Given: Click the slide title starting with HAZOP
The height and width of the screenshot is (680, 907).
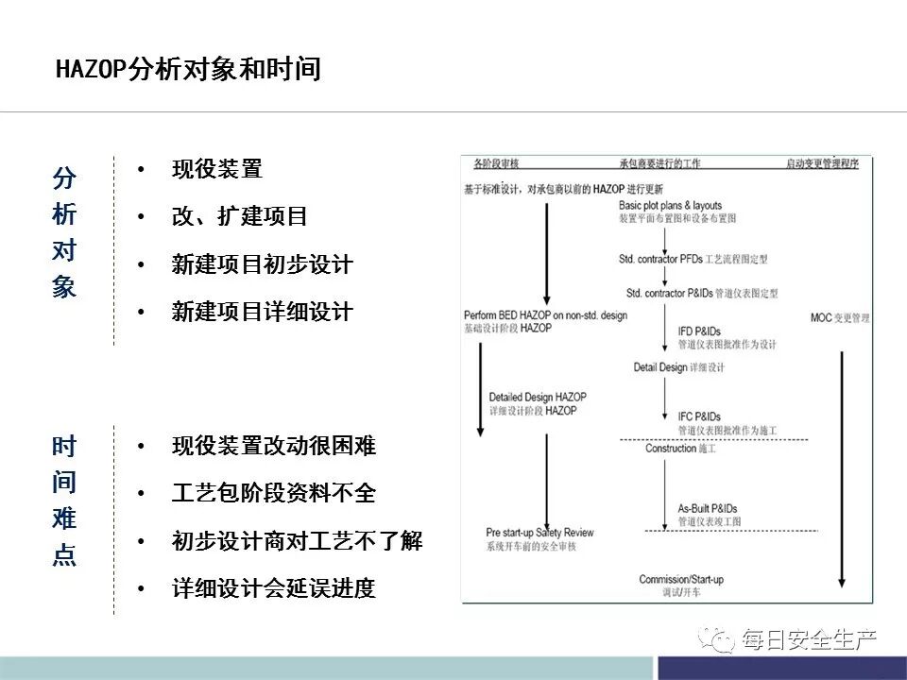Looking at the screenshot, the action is point(189,69).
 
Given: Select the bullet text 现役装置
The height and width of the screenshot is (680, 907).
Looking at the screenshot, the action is point(217,170).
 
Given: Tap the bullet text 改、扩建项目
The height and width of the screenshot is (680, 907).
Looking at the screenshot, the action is point(240,216).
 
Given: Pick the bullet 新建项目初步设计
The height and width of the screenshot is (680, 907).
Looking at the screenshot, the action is point(263,264).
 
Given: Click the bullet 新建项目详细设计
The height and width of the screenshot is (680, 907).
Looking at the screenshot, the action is point(263,312).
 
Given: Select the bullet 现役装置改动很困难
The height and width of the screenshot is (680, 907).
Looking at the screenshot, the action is point(274,446).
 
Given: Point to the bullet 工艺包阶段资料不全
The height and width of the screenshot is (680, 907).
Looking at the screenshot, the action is point(274,493).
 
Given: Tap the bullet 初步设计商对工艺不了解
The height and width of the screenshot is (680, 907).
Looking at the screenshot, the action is point(297,541).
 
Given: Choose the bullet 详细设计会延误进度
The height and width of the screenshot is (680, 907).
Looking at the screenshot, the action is point(274,588).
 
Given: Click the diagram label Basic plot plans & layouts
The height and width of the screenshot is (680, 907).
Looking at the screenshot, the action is point(670,205).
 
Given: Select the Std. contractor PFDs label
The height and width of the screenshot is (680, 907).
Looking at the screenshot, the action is point(661,258).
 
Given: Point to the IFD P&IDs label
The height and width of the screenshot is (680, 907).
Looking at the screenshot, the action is point(699,331).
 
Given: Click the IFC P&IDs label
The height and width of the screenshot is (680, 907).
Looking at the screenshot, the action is point(699,416).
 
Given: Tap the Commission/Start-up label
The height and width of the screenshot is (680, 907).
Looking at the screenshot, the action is point(680,579).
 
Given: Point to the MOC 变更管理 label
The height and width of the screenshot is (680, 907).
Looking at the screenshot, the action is point(840,318).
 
